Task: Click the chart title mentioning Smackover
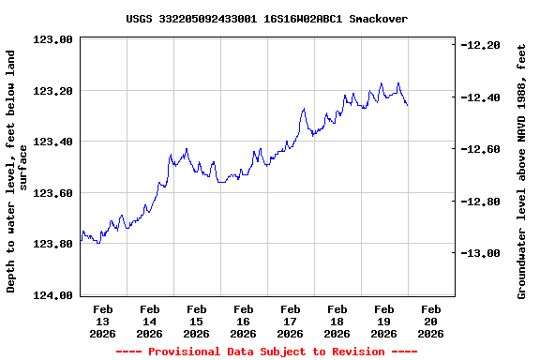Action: click(266, 18)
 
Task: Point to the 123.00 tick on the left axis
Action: click(53, 40)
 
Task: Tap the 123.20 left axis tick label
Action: click(53, 91)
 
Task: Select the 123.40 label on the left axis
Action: click(53, 142)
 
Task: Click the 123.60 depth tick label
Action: click(53, 193)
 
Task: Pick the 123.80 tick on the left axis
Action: click(53, 244)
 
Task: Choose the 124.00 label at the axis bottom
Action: click(53, 295)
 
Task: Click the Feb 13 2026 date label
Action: click(103, 321)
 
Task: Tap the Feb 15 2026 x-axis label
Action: click(197, 321)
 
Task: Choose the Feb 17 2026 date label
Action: click(291, 321)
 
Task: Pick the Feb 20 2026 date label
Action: click(431, 321)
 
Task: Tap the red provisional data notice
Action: click(266, 352)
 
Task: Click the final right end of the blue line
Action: click(407, 105)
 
